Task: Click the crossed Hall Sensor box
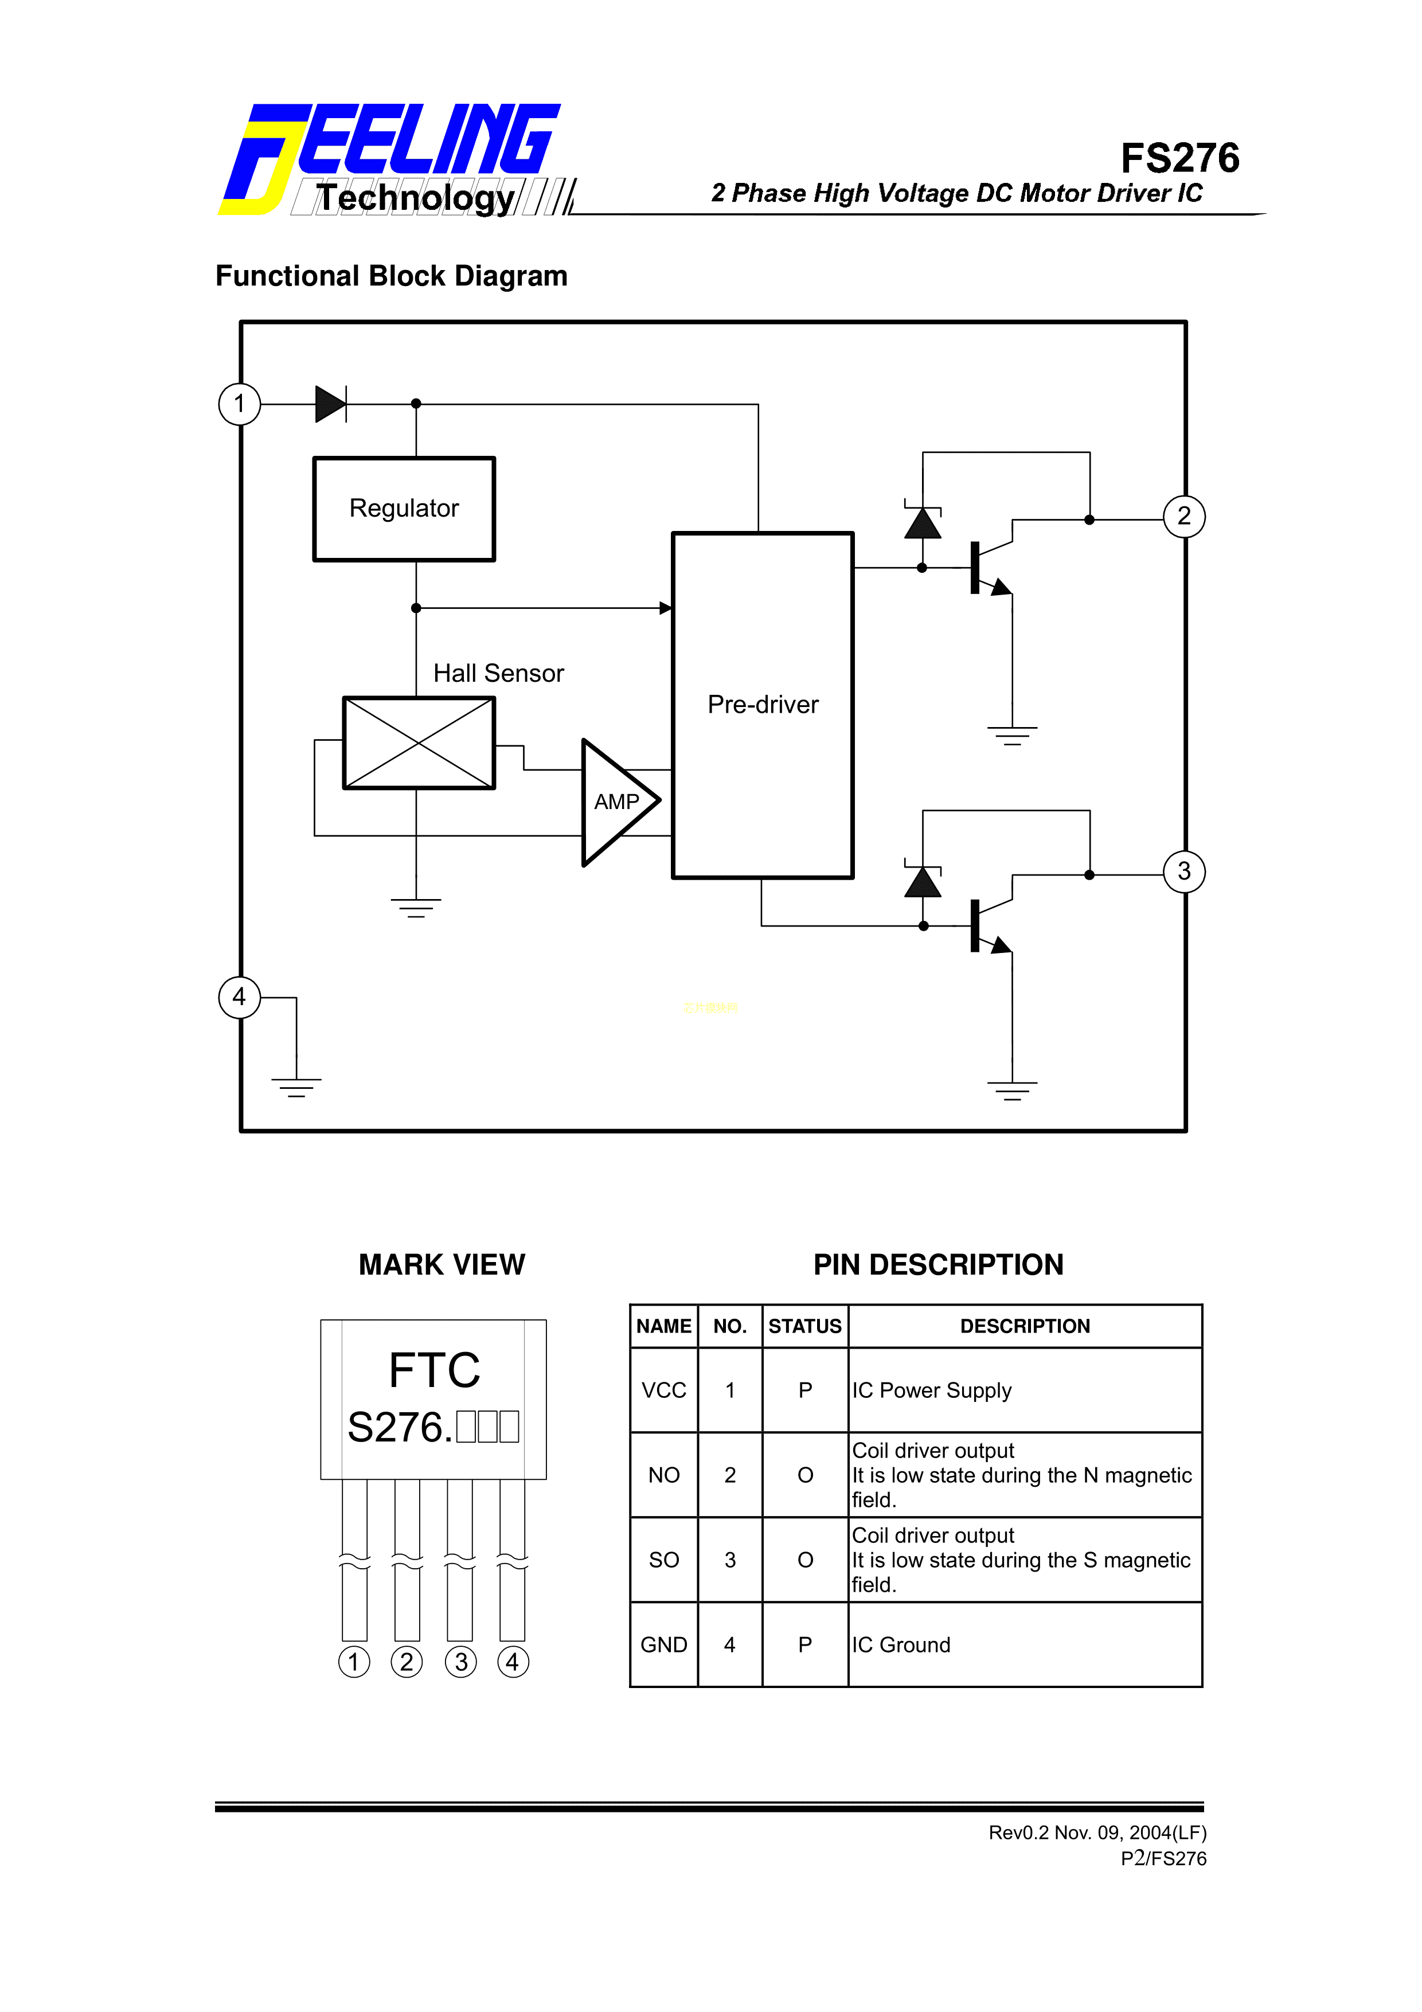[419, 743]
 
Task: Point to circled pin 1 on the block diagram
[239, 404]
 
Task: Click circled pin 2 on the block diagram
[1183, 516]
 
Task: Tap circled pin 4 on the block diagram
[239, 997]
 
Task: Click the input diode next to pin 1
[330, 404]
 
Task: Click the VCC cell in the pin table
[663, 1390]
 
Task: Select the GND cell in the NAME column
[663, 1645]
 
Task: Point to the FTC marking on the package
[435, 1370]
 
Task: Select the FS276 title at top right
[1179, 159]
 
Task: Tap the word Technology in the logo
[415, 198]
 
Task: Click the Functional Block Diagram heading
[392, 276]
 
